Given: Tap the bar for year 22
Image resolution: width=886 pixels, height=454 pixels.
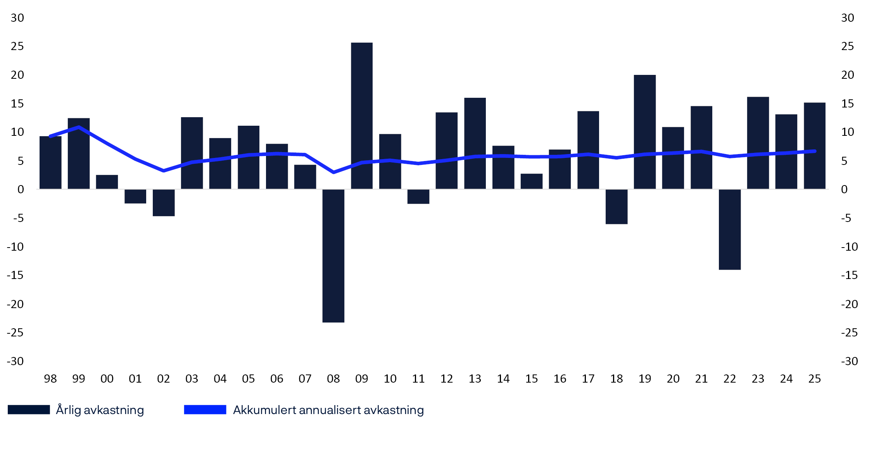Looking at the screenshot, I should pyautogui.click(x=729, y=229).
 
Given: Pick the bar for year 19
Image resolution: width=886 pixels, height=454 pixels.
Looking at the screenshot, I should pyautogui.click(x=644, y=132).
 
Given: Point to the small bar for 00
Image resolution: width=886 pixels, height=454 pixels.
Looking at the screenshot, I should pyautogui.click(x=107, y=182).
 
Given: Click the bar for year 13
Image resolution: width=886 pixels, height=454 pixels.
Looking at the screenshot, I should pyautogui.click(x=475, y=143).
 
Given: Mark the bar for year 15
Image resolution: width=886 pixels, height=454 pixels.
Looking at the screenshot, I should pyautogui.click(x=531, y=181).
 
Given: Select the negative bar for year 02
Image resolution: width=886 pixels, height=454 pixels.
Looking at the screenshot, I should pyautogui.click(x=163, y=203).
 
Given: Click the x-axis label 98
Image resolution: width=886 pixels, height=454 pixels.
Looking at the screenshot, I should pyautogui.click(x=50, y=379).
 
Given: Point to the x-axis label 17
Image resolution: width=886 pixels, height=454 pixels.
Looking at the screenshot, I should pyautogui.click(x=588, y=379).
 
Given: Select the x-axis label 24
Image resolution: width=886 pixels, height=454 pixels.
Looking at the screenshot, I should pyautogui.click(x=786, y=379).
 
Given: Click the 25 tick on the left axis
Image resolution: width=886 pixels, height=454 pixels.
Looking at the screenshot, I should pyautogui.click(x=17, y=46).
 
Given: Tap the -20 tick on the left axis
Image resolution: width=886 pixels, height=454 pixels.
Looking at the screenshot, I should pyautogui.click(x=16, y=304).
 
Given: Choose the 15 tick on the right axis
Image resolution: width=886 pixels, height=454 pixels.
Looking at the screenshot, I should pyautogui.click(x=848, y=104).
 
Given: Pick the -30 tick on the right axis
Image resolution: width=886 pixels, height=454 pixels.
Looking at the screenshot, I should pyautogui.click(x=849, y=361).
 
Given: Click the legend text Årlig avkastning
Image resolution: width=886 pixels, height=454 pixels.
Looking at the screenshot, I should pyautogui.click(x=100, y=410).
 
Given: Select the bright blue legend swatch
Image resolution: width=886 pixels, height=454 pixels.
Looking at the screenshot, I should pyautogui.click(x=205, y=410).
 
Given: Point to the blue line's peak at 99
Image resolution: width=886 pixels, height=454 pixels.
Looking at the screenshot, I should pyautogui.click(x=79, y=127).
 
